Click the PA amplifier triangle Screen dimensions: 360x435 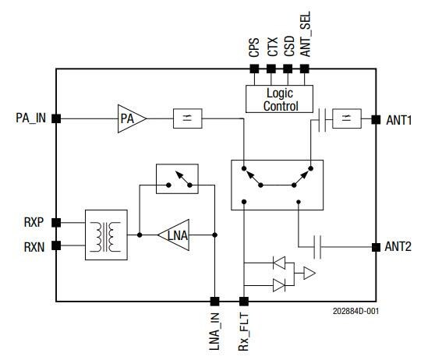point(129,118)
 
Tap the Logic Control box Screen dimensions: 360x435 point(280,100)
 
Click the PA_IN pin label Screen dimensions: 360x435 point(30,118)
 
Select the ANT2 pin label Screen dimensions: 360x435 point(399,247)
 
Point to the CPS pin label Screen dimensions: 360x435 point(254,49)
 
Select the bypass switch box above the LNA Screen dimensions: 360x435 point(176,178)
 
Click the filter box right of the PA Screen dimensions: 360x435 point(189,118)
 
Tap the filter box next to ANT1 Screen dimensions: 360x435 point(345,119)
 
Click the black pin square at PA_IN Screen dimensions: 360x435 point(56,118)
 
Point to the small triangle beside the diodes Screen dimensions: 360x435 point(309,274)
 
